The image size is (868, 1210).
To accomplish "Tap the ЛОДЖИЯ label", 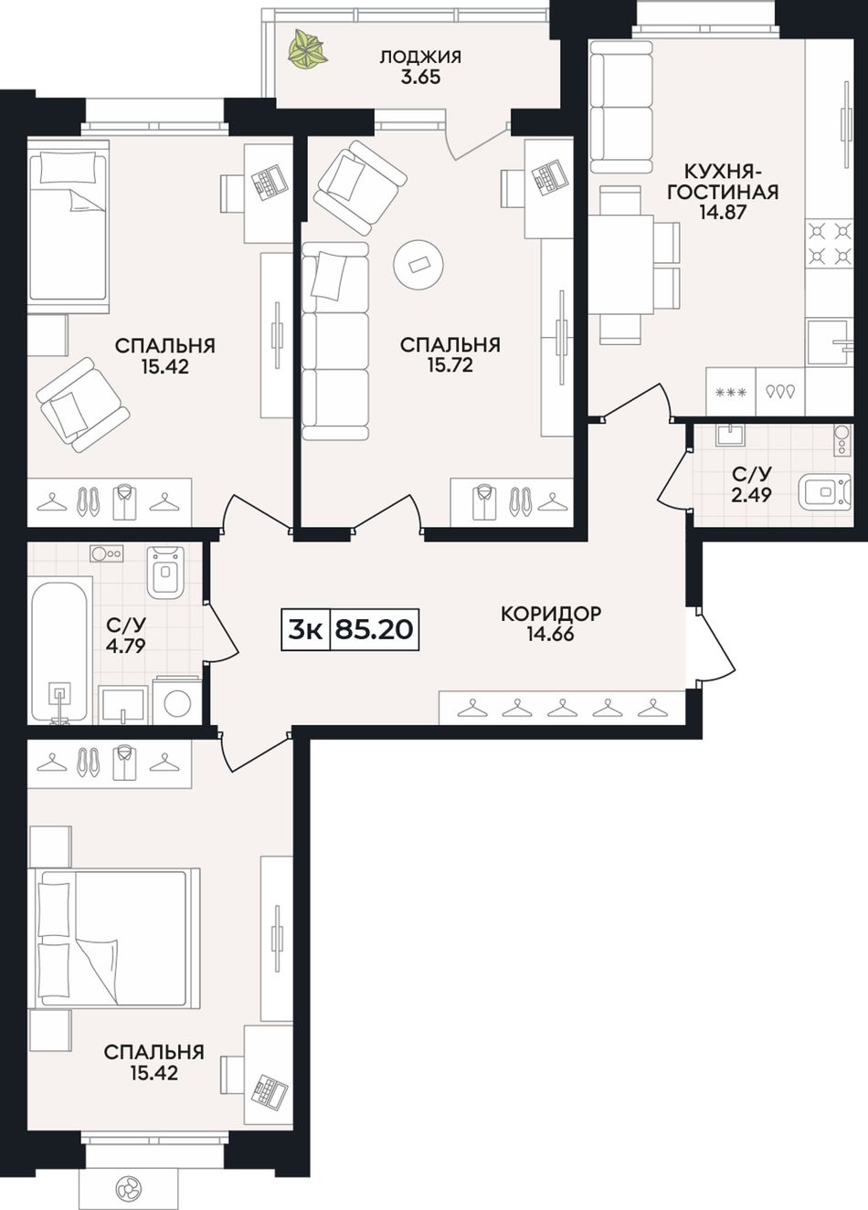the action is [x=420, y=57].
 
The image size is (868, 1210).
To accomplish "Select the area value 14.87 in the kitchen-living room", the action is [x=722, y=212].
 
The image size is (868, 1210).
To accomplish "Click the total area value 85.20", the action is [x=374, y=629].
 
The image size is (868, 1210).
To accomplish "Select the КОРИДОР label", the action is [x=551, y=614].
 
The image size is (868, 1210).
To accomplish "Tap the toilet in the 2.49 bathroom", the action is [x=825, y=491].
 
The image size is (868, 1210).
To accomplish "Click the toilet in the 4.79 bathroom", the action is [x=165, y=572].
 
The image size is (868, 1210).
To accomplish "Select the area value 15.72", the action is [x=450, y=365].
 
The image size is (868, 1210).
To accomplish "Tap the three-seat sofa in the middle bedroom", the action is [x=335, y=341].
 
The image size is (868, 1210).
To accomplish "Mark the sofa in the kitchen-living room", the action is [x=622, y=107].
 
